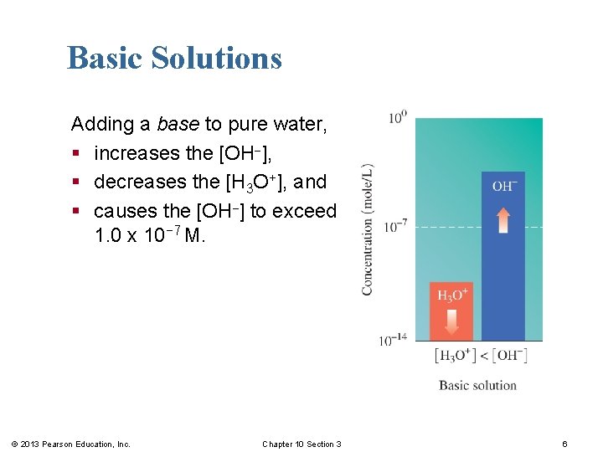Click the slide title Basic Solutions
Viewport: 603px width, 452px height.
pos(174,58)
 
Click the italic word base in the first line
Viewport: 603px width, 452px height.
pos(178,125)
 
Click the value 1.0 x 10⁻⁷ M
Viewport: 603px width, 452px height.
pos(150,236)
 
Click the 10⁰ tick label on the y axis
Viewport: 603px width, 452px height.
pos(397,117)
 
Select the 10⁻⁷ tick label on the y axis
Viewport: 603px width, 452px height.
pos(396,225)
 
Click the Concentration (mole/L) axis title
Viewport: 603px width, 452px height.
pos(368,229)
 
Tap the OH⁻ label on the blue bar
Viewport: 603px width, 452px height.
pos(503,186)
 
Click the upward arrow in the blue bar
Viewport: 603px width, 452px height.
pos(503,220)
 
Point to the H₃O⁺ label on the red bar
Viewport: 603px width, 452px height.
pos(453,295)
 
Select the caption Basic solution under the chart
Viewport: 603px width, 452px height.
pos(477,385)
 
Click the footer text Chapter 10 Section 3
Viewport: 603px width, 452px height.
pos(301,444)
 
